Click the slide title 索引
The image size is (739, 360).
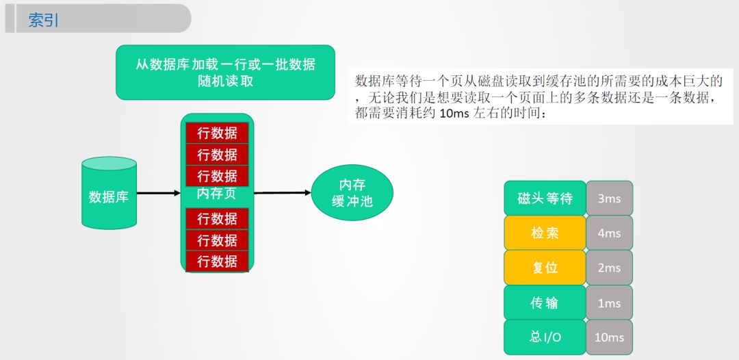44,20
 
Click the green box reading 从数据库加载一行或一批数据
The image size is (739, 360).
225,72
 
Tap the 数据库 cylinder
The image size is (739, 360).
109,194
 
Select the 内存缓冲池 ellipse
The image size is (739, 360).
352,193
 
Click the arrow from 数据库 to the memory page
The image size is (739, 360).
158,194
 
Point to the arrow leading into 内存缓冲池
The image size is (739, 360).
283,193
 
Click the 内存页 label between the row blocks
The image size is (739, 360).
216,194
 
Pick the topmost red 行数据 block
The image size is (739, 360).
217,133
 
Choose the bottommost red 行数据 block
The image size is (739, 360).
217,261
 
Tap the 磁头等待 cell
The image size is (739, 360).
545,198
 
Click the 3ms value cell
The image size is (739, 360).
609,198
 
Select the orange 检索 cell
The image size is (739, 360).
545,233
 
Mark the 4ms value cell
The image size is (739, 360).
609,233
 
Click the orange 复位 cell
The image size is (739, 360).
545,268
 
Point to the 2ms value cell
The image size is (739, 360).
609,268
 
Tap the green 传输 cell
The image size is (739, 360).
545,303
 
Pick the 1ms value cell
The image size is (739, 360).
609,303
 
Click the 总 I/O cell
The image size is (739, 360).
545,337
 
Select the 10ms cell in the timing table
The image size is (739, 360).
609,337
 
